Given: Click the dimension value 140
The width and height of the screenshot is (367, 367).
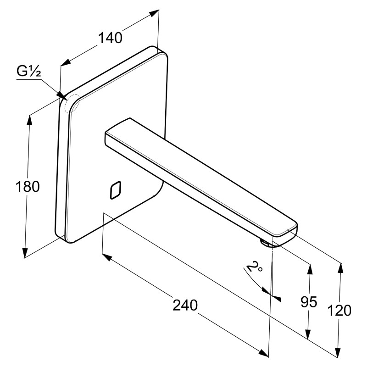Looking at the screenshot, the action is pyautogui.click(x=110, y=38).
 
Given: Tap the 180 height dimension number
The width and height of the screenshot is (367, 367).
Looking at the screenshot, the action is pyautogui.click(x=28, y=187).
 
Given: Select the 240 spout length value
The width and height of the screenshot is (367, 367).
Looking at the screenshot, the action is pyautogui.click(x=185, y=306).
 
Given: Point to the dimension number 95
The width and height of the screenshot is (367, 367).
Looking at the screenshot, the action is pyautogui.click(x=309, y=302).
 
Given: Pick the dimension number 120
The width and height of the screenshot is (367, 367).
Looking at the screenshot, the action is pyautogui.click(x=339, y=311).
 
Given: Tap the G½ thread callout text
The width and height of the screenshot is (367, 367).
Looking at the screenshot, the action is pyautogui.click(x=29, y=71).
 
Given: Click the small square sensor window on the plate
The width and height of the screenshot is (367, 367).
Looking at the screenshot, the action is pyautogui.click(x=115, y=190).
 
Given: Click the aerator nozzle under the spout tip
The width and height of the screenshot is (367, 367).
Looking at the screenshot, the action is pyautogui.click(x=265, y=243).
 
